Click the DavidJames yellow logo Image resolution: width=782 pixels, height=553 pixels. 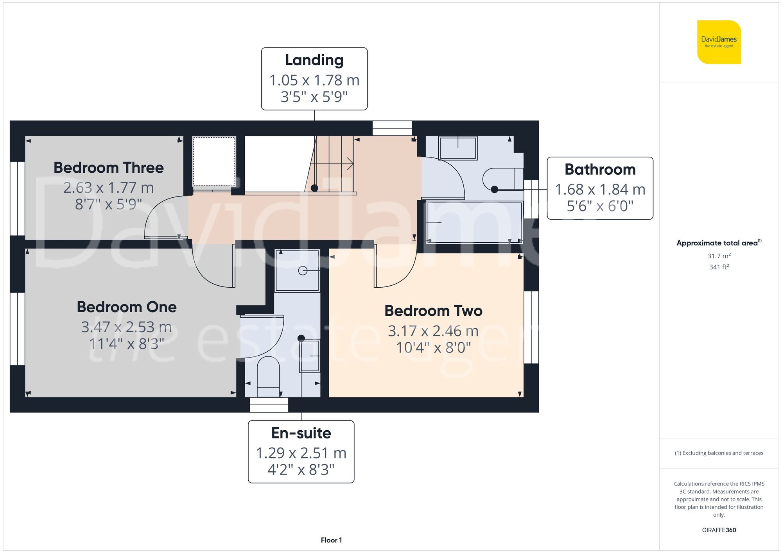pyautogui.click(x=719, y=42)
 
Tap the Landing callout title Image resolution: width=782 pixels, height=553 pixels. pyautogui.click(x=314, y=60)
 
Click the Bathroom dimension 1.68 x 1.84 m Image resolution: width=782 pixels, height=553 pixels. pyautogui.click(x=600, y=190)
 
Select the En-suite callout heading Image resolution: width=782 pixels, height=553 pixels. pyautogui.click(x=301, y=433)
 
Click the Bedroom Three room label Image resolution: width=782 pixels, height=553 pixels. pyautogui.click(x=108, y=168)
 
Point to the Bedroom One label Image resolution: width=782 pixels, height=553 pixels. pyautogui.click(x=126, y=307)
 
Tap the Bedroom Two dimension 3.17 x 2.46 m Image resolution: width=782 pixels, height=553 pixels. pyautogui.click(x=433, y=331)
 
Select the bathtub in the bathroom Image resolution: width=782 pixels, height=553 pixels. pyautogui.click(x=474, y=222)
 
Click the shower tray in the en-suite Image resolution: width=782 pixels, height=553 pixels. pyautogui.click(x=297, y=270)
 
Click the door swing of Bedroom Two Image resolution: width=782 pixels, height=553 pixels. pyautogui.click(x=395, y=268)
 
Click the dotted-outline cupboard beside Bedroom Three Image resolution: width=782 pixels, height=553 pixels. pyautogui.click(x=214, y=161)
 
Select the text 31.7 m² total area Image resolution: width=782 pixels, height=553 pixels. pyautogui.click(x=719, y=256)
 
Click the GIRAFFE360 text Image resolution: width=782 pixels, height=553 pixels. pyautogui.click(x=719, y=530)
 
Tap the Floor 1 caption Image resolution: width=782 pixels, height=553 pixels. pyautogui.click(x=331, y=540)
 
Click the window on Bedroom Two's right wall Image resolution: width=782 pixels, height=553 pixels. pyautogui.click(x=531, y=328)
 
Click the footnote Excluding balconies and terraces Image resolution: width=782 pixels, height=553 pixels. pyautogui.click(x=719, y=453)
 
